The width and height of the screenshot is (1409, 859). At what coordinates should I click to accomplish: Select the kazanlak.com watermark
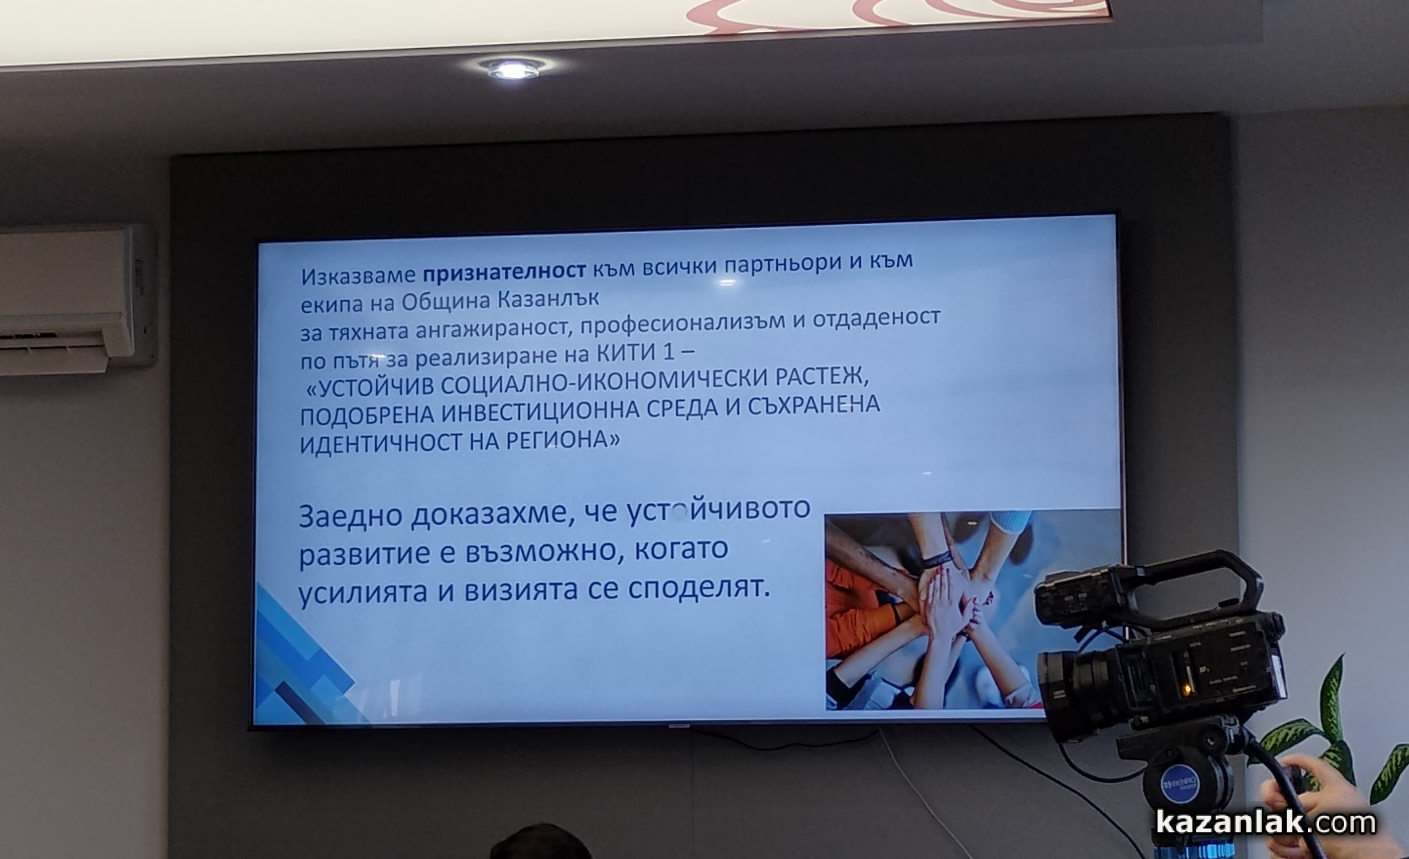click(1265, 822)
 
